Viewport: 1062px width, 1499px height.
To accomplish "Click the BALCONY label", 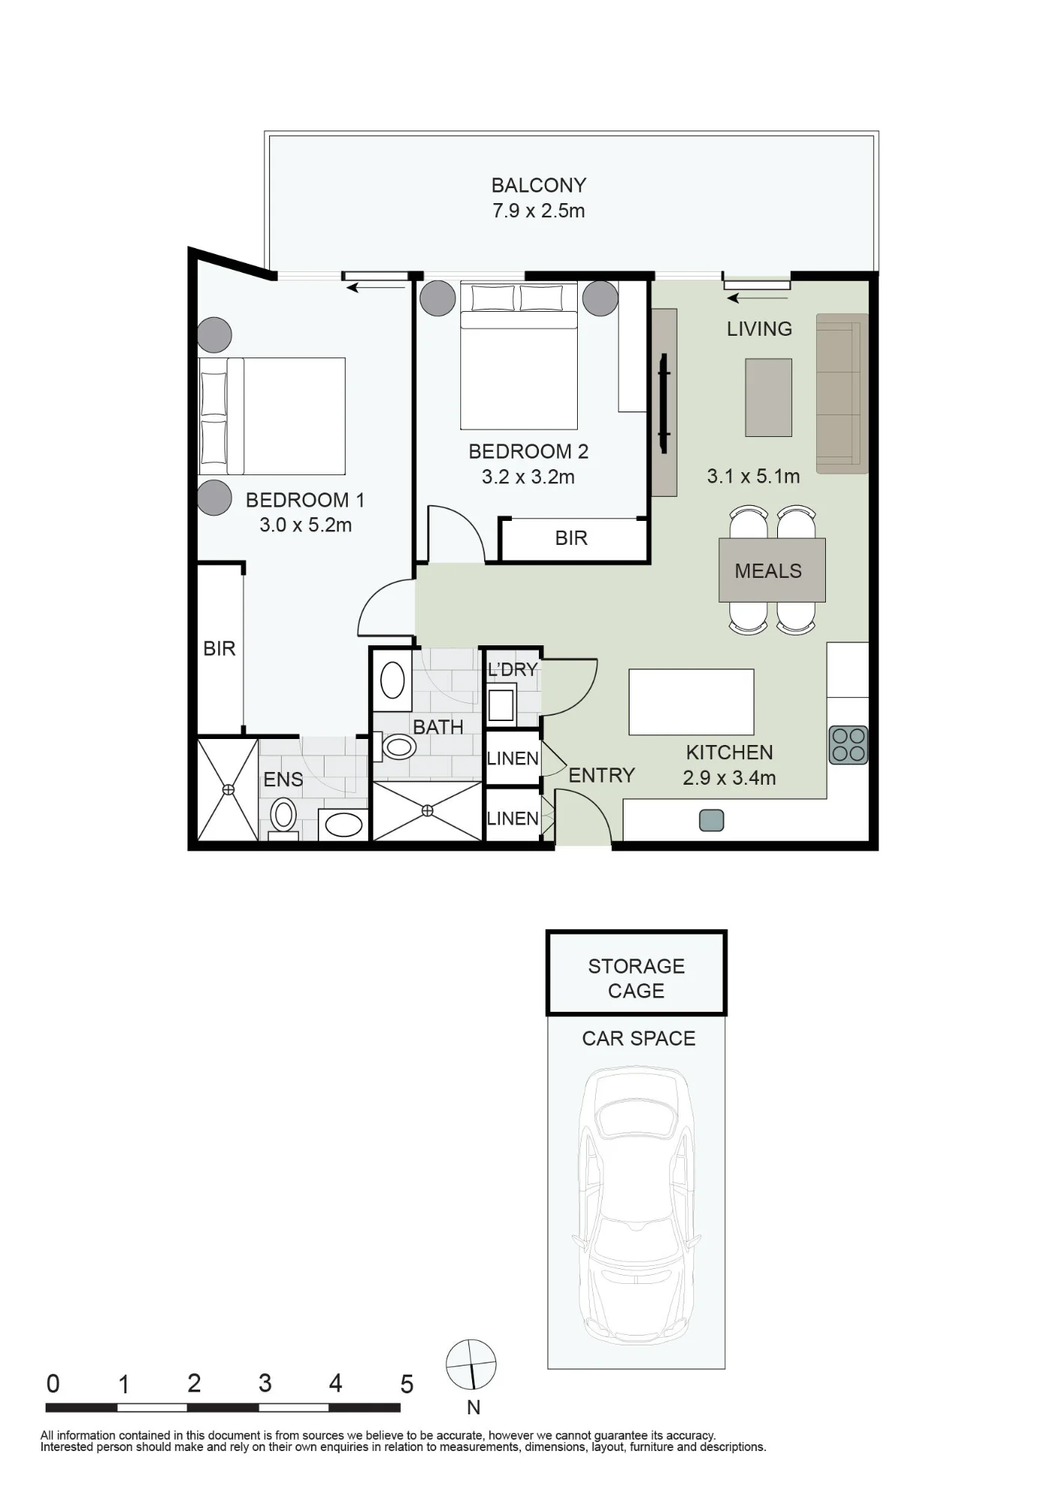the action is tap(538, 185).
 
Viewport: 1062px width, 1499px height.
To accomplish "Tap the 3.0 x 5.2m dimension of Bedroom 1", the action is tap(306, 525).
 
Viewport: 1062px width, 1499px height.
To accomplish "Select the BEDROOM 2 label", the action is tap(528, 451).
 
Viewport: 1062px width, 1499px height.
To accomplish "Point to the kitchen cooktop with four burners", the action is tap(848, 745).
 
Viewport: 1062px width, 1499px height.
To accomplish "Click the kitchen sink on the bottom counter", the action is tap(711, 821).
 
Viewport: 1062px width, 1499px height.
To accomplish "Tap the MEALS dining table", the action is tap(772, 570).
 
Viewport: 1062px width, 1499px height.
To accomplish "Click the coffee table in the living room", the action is tap(768, 397).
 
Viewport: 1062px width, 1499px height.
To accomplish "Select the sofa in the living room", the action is tap(842, 393).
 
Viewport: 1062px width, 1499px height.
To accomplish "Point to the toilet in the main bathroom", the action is tap(399, 747).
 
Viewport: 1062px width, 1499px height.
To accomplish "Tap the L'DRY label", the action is tap(513, 669).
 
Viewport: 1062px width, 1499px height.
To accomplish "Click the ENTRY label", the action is tap(602, 775).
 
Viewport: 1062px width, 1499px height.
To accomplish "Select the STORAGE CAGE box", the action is tap(636, 973).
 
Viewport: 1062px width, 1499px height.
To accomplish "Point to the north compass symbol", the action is tap(471, 1365).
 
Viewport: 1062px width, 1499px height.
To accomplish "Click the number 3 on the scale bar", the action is tap(265, 1383).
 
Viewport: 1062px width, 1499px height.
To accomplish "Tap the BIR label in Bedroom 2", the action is tap(571, 538).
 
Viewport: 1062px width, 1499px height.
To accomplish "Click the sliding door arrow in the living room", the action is tap(757, 298).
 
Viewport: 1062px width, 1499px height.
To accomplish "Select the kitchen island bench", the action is tap(691, 702).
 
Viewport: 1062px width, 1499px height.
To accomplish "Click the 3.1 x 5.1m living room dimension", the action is tap(753, 476).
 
